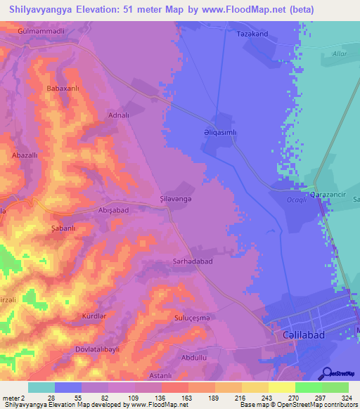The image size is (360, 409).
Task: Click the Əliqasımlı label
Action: point(230,131)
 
